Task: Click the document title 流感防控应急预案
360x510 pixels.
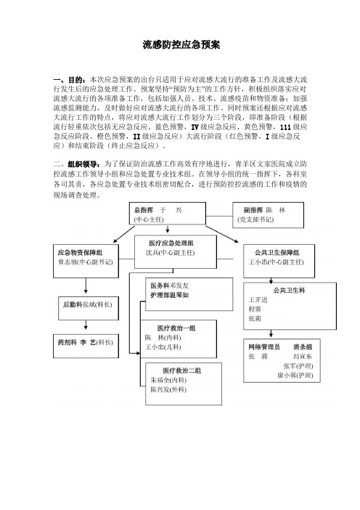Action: pos(181,44)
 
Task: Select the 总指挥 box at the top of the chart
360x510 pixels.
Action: pos(168,214)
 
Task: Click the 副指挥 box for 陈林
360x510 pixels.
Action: pos(268,214)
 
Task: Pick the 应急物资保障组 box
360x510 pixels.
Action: pos(86,262)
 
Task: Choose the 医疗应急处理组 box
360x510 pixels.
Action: pos(176,252)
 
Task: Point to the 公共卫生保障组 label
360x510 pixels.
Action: pos(277,253)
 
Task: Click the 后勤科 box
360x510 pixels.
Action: pos(89,308)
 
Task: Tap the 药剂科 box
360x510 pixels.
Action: pos(86,346)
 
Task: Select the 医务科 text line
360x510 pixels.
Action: pos(169,286)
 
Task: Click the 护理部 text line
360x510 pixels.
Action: pos(169,295)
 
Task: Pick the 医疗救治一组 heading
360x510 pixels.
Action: pos(176,328)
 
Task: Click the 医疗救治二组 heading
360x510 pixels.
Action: pos(182,371)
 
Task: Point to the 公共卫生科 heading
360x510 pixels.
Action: pos(289,291)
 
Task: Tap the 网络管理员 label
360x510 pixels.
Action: pos(264,347)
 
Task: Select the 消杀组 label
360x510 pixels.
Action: pos(303,347)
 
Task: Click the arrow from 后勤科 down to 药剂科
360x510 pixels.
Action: pos(86,325)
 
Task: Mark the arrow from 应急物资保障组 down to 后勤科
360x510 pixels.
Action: pos(86,286)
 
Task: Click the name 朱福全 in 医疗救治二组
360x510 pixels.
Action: pos(160,380)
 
